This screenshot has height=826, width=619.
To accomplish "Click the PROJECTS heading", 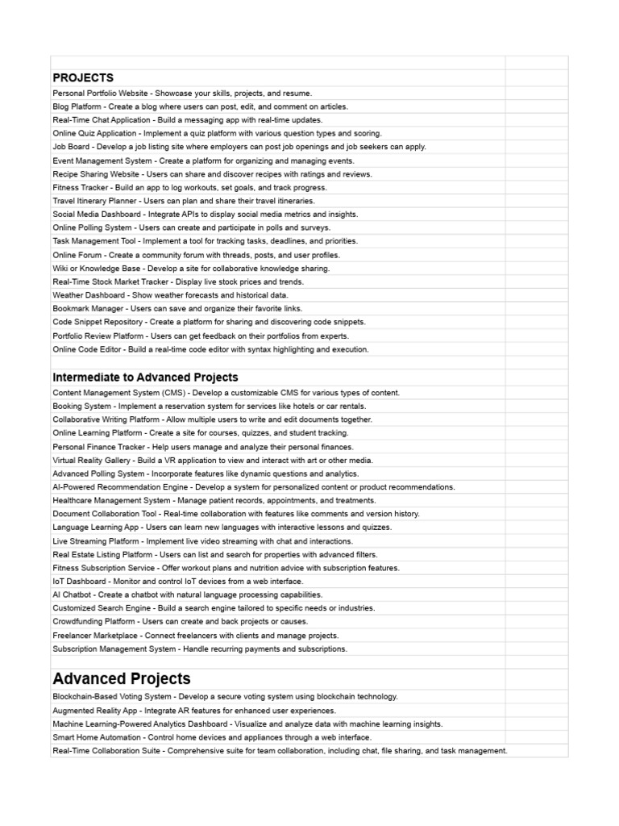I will pyautogui.click(x=83, y=77).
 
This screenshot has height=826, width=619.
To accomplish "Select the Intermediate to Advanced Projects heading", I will pyautogui.click(x=145, y=377).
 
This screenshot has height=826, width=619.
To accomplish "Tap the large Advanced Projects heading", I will pyautogui.click(x=122, y=678).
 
